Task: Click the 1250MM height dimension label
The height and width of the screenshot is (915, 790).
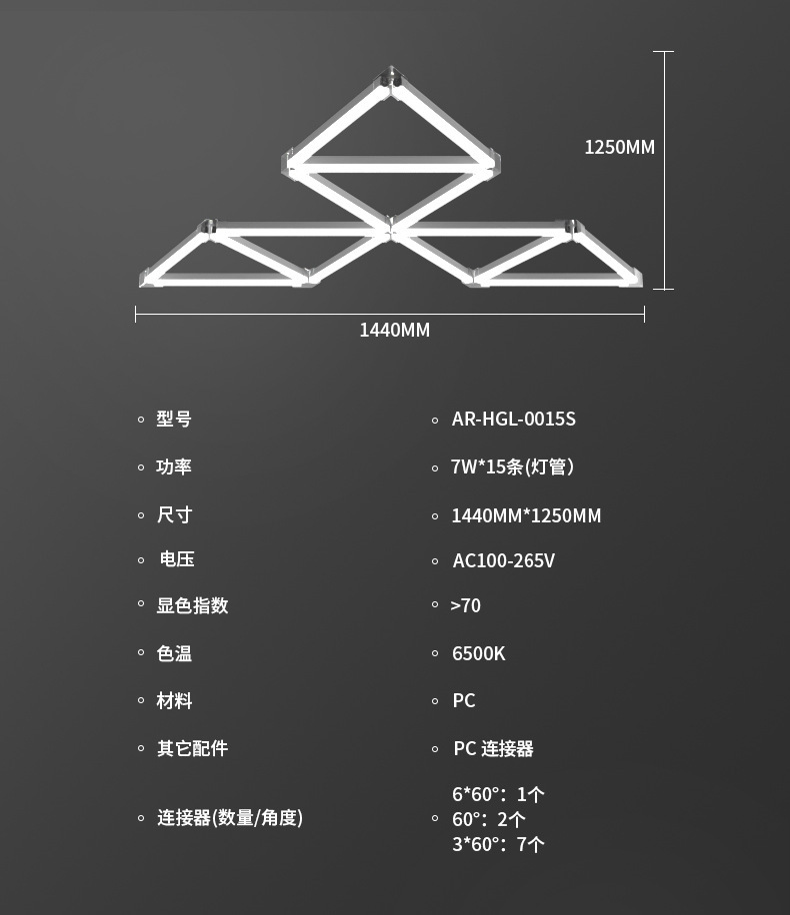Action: (619, 147)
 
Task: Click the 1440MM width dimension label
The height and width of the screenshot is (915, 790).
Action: (394, 330)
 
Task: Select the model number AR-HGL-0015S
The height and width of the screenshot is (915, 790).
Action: (513, 419)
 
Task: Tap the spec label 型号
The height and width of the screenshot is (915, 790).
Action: (174, 419)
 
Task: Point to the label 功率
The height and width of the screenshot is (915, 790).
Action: (174, 466)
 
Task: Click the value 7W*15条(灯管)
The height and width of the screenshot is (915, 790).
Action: (512, 466)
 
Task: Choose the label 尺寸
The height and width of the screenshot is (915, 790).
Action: (174, 514)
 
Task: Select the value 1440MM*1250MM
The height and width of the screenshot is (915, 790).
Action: (526, 515)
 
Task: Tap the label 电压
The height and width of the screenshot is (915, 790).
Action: (177, 559)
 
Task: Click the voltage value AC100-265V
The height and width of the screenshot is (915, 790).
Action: (503, 560)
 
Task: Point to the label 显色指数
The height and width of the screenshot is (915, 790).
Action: (192, 605)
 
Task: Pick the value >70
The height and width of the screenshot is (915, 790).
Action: (465, 605)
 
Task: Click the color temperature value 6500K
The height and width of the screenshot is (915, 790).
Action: (478, 653)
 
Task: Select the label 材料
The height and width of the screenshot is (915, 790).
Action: (174, 700)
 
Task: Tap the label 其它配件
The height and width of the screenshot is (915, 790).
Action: (192, 748)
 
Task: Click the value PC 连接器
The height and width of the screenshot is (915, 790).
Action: (493, 748)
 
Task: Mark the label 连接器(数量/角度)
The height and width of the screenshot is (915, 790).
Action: (229, 817)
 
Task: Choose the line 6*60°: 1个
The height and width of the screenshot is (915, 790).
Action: (498, 794)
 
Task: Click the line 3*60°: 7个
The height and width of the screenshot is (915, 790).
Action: (498, 844)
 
